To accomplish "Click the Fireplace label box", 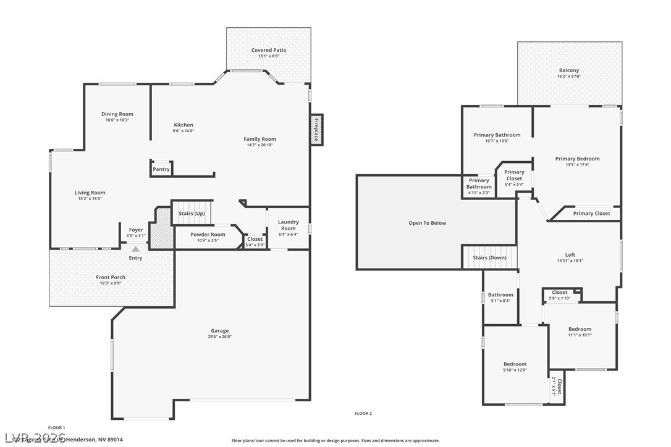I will [316, 130].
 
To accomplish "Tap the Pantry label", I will [161, 169].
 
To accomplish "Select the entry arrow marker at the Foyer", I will [135, 248].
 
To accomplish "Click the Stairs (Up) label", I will [192, 213].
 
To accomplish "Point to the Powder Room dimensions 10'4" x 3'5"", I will [208, 240].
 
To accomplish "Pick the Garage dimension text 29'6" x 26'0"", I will [218, 337].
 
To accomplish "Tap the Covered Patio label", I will [269, 50].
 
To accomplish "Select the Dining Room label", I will [117, 114].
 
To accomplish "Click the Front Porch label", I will [111, 277].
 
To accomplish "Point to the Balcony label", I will [568, 70].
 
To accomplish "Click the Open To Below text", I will [427, 223].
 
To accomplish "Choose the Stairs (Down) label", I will [489, 257].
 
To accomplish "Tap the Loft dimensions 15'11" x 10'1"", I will [570, 261].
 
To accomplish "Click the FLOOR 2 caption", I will [363, 413].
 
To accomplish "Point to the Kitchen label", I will [184, 125].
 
